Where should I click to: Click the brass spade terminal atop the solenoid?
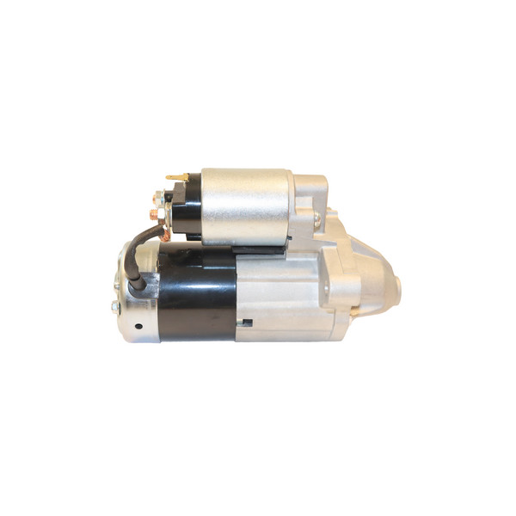177,177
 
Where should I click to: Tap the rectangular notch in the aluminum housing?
248,322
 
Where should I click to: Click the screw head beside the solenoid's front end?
316,220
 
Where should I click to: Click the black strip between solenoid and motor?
245,249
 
